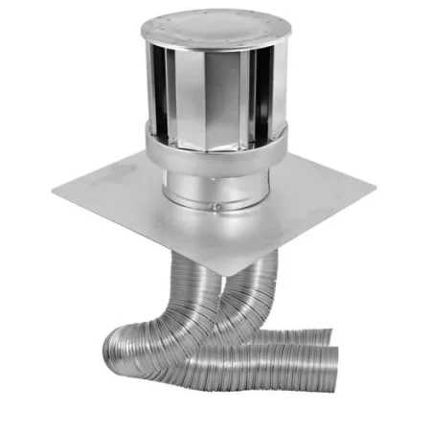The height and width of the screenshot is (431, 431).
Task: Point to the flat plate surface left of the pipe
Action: click(115, 196)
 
